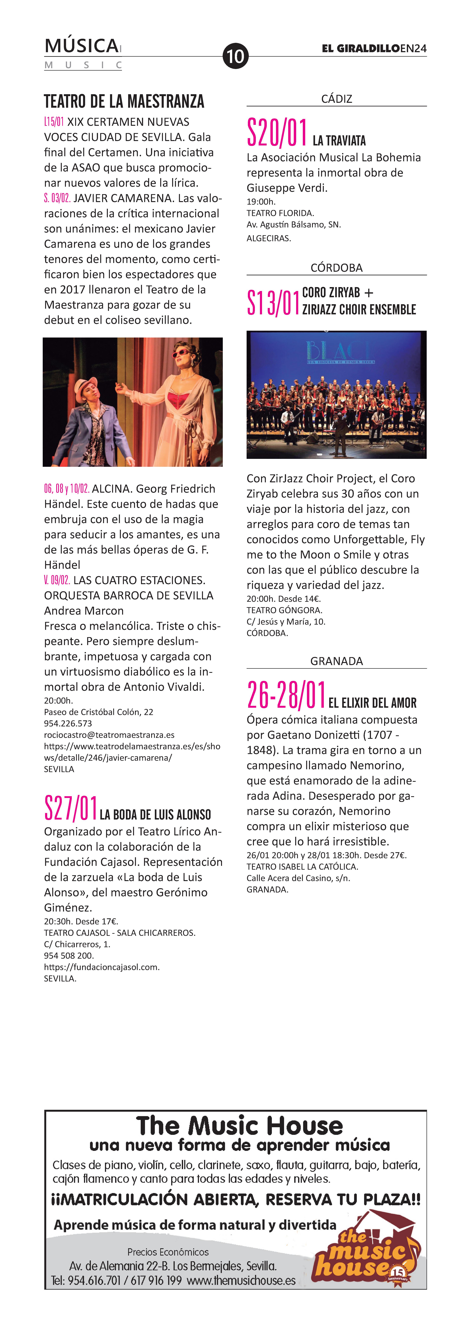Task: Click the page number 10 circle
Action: coord(235,56)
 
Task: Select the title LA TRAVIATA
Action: coord(339,140)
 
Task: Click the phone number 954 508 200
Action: coord(68,956)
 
